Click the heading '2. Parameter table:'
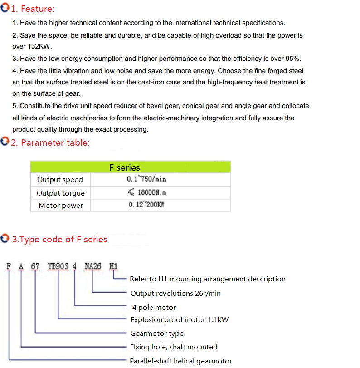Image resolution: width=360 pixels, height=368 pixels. pos(50,142)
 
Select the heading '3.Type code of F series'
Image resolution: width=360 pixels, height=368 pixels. pos(59,239)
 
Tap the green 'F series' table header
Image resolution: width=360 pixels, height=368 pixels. pos(125,167)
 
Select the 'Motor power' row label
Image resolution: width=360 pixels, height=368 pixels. pos(61,206)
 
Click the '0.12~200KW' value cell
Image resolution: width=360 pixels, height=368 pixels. pos(146,205)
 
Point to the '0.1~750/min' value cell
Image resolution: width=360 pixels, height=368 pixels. pos(146,179)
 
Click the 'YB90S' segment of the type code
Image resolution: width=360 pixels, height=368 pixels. pos(58,266)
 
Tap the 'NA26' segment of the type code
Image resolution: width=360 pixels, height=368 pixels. pos(92,266)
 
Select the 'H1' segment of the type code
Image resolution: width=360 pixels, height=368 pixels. pos(113,266)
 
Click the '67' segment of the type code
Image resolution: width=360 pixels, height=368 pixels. pos(35,266)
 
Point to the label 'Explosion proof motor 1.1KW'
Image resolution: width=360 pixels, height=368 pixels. pos(180,319)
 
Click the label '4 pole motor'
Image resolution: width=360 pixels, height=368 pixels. pos(154,307)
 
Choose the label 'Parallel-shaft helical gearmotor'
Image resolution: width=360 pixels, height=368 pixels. pos(181,361)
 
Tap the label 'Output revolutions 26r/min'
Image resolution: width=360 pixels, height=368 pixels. pos(175,293)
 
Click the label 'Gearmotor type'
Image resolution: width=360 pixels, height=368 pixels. pos(157,333)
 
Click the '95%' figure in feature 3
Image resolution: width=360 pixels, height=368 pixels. pos(292,59)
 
